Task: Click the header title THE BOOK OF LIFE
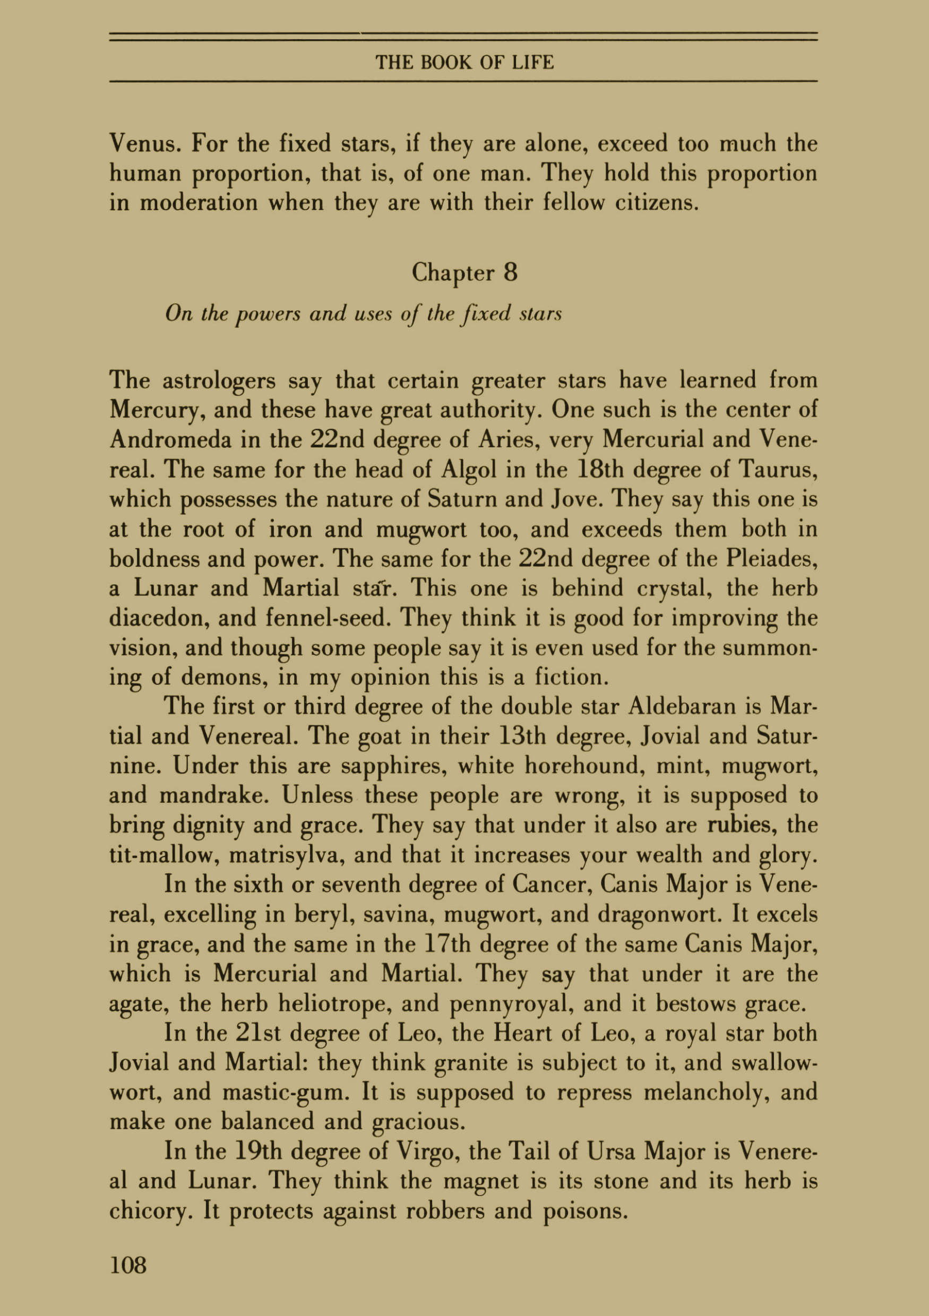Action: pos(464,62)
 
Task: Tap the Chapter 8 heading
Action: pos(464,272)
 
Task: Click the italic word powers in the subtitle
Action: pos(268,314)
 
